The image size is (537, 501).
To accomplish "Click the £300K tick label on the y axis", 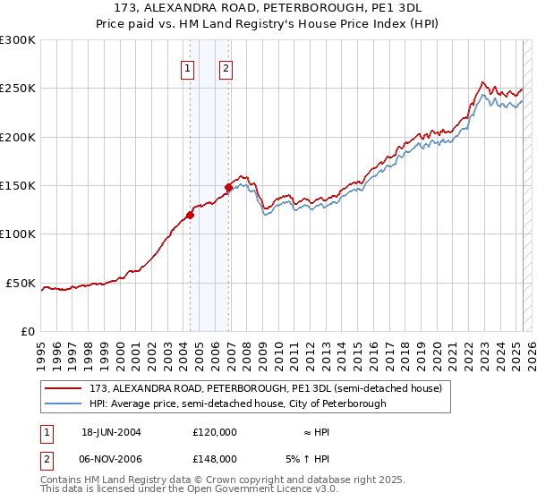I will pyautogui.click(x=18, y=40).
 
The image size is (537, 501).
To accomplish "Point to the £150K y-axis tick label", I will pyautogui.click(x=18, y=186).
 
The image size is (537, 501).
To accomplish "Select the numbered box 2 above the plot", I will pyautogui.click(x=226, y=68).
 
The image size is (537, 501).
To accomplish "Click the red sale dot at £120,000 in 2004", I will pyautogui.click(x=190, y=215).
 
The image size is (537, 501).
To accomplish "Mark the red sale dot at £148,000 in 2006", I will pyautogui.click(x=228, y=188).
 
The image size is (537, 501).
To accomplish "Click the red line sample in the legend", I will pyautogui.click(x=63, y=389).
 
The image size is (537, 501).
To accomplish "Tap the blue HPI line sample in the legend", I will pyautogui.click(x=63, y=403).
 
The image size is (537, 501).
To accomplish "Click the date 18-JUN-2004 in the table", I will pyautogui.click(x=111, y=432).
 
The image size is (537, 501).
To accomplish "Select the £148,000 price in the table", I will pyautogui.click(x=214, y=459).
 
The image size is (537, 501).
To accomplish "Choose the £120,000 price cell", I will pyautogui.click(x=214, y=432).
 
